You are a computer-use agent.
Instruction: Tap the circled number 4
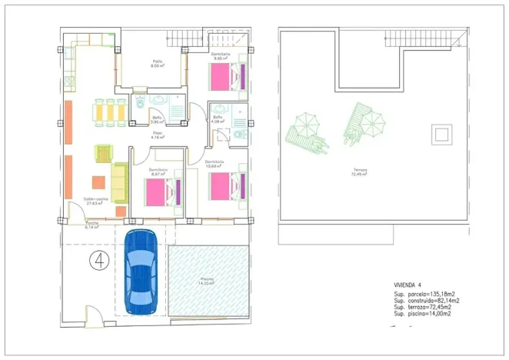click(x=98, y=259)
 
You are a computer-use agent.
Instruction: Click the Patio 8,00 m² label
click(x=158, y=64)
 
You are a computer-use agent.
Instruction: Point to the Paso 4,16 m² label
click(x=157, y=135)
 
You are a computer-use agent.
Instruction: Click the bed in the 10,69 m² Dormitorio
click(x=227, y=185)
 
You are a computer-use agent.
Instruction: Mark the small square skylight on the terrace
click(x=442, y=135)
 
